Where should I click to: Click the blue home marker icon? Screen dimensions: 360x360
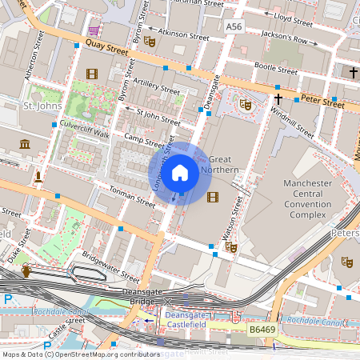(181, 172)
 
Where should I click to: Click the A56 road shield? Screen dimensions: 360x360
(233, 27)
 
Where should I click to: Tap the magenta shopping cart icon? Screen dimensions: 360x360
(94, 30)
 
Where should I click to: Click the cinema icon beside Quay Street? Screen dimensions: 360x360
(91, 74)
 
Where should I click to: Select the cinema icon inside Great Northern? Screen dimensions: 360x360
(212, 196)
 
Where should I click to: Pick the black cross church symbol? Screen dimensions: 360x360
(278, 99)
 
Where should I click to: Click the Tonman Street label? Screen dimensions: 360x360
(125, 195)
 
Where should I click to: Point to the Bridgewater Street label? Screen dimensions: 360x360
(110, 267)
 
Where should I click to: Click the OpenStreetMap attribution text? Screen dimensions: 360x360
(81, 354)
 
